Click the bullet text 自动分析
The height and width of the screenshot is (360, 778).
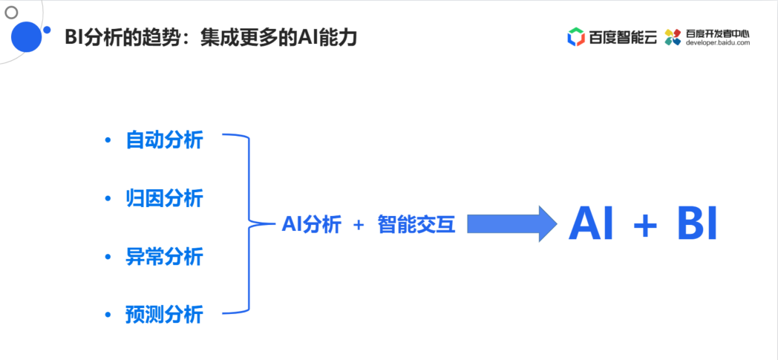coord(164,140)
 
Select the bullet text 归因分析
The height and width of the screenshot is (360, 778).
coord(164,198)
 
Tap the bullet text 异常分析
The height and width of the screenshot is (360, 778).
coord(164,257)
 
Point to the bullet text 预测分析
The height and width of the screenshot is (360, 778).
coord(164,315)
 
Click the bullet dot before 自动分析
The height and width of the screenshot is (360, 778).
coord(108,140)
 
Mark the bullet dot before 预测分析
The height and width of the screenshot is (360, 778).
coord(108,315)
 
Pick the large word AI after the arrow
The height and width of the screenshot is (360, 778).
coord(591,223)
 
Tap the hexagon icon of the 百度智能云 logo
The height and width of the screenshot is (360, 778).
coord(576,36)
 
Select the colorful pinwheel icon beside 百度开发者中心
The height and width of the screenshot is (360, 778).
coord(673,36)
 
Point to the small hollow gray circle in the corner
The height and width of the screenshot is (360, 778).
coord(11,12)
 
